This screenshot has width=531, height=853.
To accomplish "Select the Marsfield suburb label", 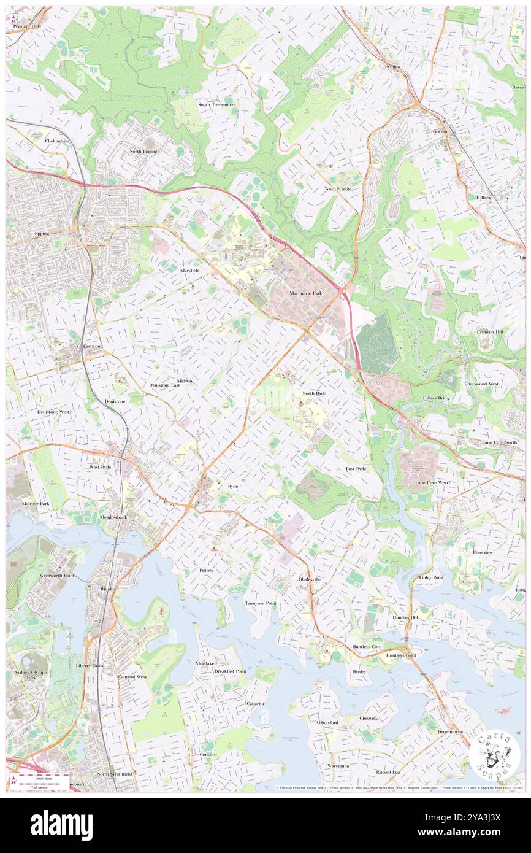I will (189, 270).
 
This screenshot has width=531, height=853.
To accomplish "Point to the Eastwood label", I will (93, 346).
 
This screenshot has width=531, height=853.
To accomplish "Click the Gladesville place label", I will (310, 579).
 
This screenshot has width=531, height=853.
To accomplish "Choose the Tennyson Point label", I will (261, 603).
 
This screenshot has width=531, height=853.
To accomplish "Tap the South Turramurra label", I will (216, 105).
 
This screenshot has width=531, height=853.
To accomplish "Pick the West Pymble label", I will (338, 189).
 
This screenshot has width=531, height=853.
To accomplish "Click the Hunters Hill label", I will (405, 617).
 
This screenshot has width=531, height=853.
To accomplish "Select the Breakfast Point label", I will (231, 671).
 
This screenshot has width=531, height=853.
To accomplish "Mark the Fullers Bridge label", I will (437, 398).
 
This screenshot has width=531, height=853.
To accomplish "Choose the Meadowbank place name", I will (113, 517).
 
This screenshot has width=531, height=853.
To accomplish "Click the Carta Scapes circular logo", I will (494, 755).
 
